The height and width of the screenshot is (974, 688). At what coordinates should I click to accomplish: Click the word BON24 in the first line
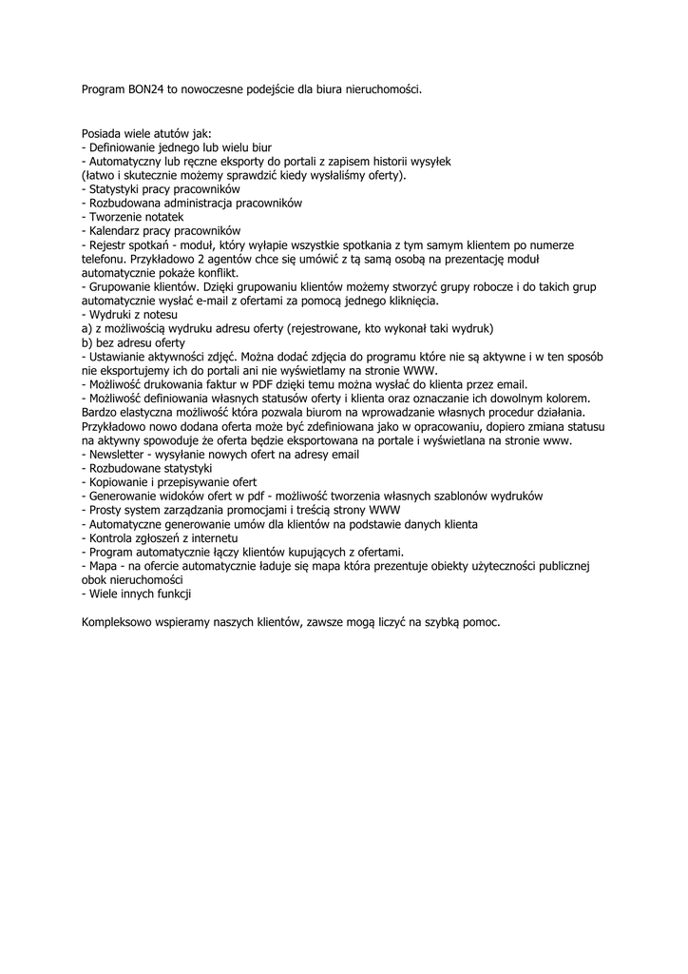tap(145, 89)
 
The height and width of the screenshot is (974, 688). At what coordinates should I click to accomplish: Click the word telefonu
tap(104, 258)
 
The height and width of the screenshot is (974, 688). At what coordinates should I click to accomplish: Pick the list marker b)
tap(86, 341)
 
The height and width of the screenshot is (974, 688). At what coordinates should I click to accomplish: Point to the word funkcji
tap(174, 594)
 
